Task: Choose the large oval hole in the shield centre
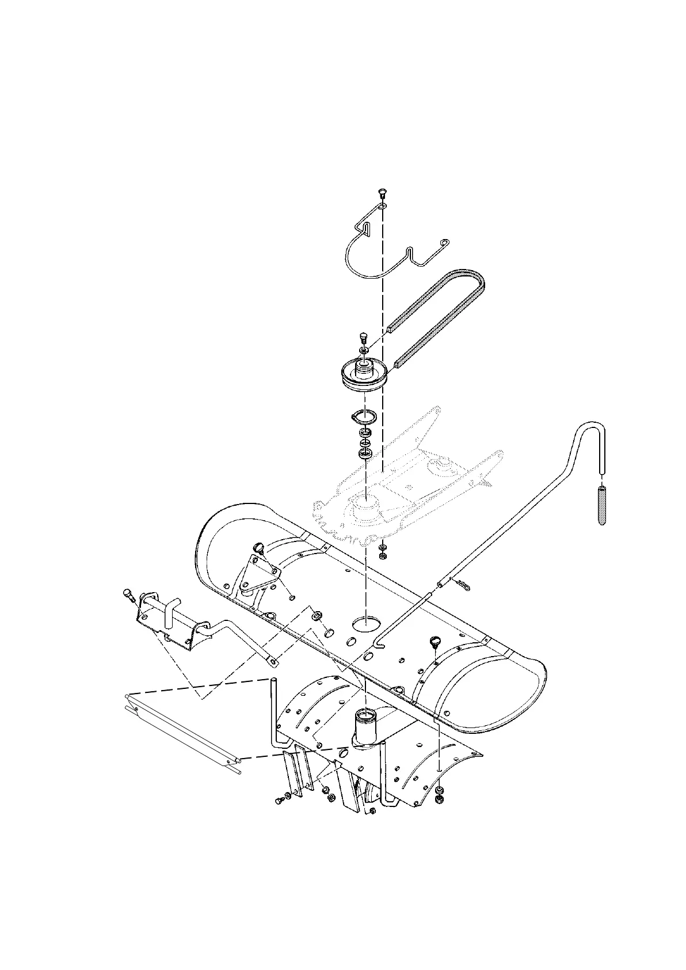click(x=367, y=623)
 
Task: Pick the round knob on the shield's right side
click(x=435, y=642)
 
